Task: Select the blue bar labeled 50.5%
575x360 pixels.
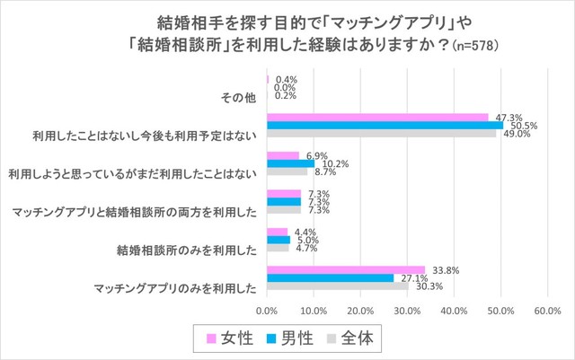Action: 385,126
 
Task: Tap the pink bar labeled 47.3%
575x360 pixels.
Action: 377,117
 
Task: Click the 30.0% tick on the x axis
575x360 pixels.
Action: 407,311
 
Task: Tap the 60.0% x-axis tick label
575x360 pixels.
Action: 547,311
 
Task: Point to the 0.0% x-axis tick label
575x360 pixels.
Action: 267,311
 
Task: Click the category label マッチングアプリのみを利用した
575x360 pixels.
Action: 176,288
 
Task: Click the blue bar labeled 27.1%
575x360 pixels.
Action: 330,277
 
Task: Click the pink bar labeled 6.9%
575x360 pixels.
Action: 282,155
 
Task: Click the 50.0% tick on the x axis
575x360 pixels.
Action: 500,311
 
